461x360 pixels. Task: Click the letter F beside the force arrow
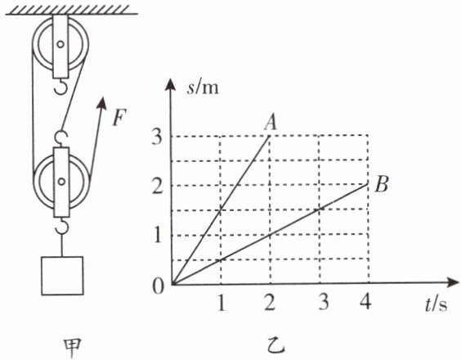(x=119, y=118)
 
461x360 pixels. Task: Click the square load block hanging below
(x=62, y=276)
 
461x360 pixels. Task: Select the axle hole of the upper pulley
(x=60, y=44)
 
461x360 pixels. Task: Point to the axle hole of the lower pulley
(x=61, y=182)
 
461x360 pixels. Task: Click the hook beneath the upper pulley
(x=61, y=86)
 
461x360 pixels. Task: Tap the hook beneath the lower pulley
(x=62, y=226)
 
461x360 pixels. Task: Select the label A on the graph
(x=271, y=122)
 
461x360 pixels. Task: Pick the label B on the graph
(x=382, y=185)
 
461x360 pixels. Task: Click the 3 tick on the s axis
(x=157, y=137)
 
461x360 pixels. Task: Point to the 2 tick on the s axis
(x=157, y=186)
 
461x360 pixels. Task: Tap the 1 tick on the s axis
(x=158, y=235)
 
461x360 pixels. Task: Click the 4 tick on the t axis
(x=365, y=301)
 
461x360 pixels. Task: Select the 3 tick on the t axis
(x=324, y=301)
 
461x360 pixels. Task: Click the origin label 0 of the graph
(x=158, y=286)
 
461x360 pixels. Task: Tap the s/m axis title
(x=203, y=88)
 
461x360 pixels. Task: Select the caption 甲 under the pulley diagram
(x=73, y=349)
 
